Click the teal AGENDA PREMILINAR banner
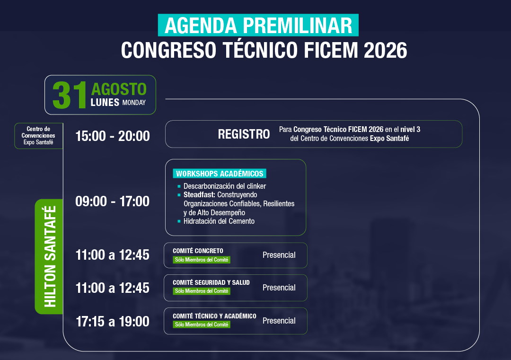click(258, 25)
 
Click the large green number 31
click(70, 95)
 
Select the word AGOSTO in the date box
click(119, 89)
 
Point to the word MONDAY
click(134, 103)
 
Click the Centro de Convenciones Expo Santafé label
click(38, 135)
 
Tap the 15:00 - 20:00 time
click(113, 136)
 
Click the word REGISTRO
click(244, 134)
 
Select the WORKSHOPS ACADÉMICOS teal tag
click(220, 173)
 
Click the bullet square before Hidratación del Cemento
click(179, 221)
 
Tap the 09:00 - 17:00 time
click(113, 202)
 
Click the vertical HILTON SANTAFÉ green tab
click(49, 256)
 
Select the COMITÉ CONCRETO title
click(198, 251)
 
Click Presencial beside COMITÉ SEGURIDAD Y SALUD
click(279, 288)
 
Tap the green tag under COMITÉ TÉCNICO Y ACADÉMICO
click(202, 325)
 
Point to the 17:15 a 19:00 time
click(113, 322)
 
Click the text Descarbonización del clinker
click(225, 186)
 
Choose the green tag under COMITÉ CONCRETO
click(202, 260)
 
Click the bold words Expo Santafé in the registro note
click(389, 139)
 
